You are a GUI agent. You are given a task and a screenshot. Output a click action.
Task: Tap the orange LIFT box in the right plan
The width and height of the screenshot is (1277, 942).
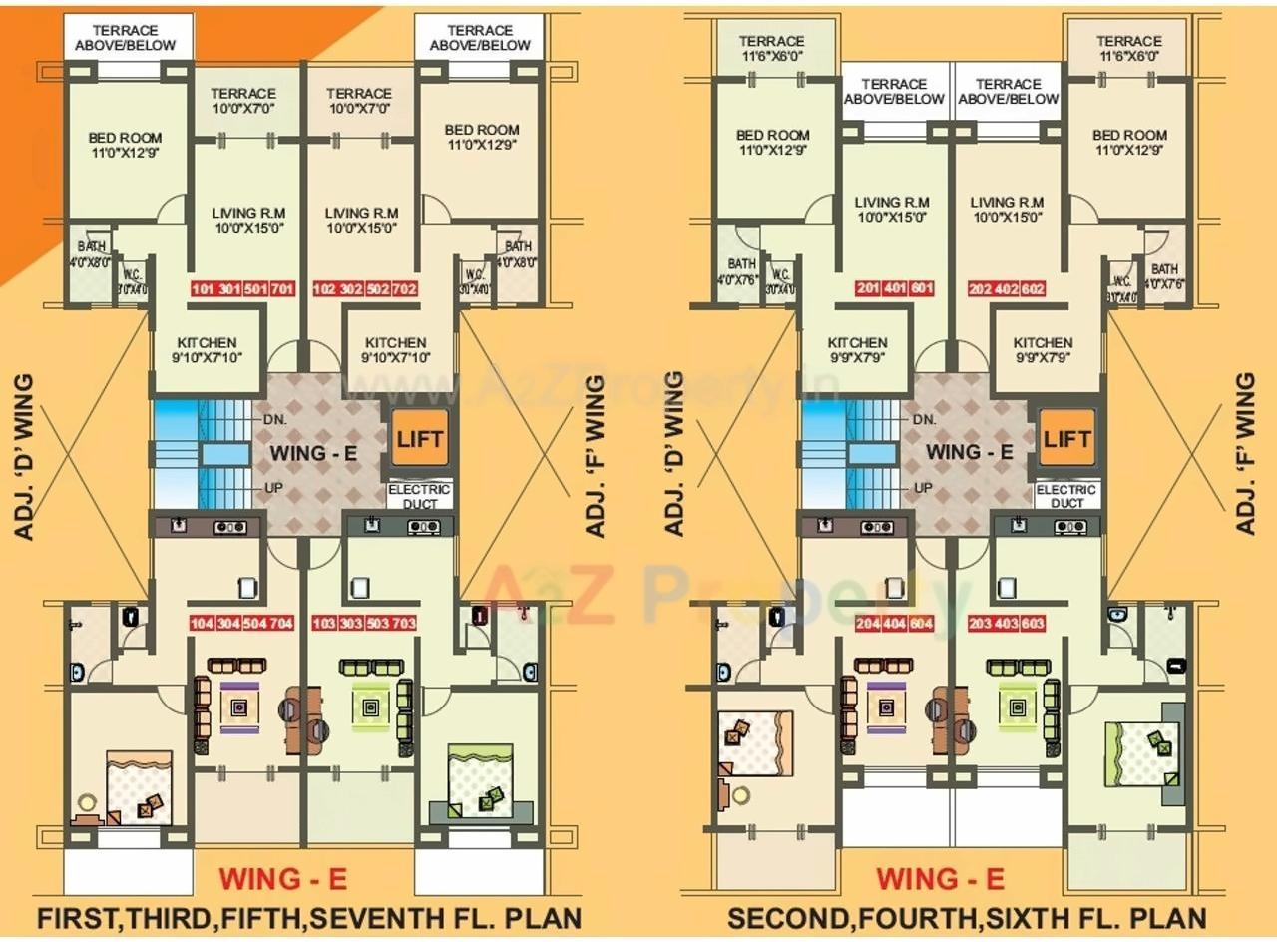click(x=1066, y=438)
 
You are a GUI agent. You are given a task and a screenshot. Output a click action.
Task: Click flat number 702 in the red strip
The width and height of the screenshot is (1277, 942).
click(x=404, y=290)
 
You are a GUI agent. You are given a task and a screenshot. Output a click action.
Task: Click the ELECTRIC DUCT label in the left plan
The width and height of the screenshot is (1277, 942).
click(x=420, y=496)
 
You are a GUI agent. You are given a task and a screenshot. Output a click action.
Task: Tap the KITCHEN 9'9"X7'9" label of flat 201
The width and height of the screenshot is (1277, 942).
click(x=857, y=349)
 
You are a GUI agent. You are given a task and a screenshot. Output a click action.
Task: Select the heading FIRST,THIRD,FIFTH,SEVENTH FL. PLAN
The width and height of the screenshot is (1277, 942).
click(x=308, y=917)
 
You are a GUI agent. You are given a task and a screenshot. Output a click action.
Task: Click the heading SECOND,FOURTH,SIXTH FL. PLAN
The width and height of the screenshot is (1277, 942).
click(x=967, y=917)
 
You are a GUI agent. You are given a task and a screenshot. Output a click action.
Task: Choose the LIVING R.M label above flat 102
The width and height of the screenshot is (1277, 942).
click(x=361, y=220)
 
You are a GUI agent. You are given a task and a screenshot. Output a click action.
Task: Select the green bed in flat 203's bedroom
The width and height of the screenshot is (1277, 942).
click(x=1143, y=753)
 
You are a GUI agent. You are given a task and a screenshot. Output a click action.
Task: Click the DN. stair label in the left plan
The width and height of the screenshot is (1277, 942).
click(x=276, y=420)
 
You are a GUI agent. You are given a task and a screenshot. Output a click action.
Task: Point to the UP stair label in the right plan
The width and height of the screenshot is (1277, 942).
click(x=925, y=488)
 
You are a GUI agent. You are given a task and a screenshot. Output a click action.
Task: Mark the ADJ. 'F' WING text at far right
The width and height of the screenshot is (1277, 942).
click(x=1245, y=454)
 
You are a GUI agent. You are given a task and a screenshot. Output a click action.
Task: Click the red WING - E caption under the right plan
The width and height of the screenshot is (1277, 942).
click(x=940, y=879)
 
